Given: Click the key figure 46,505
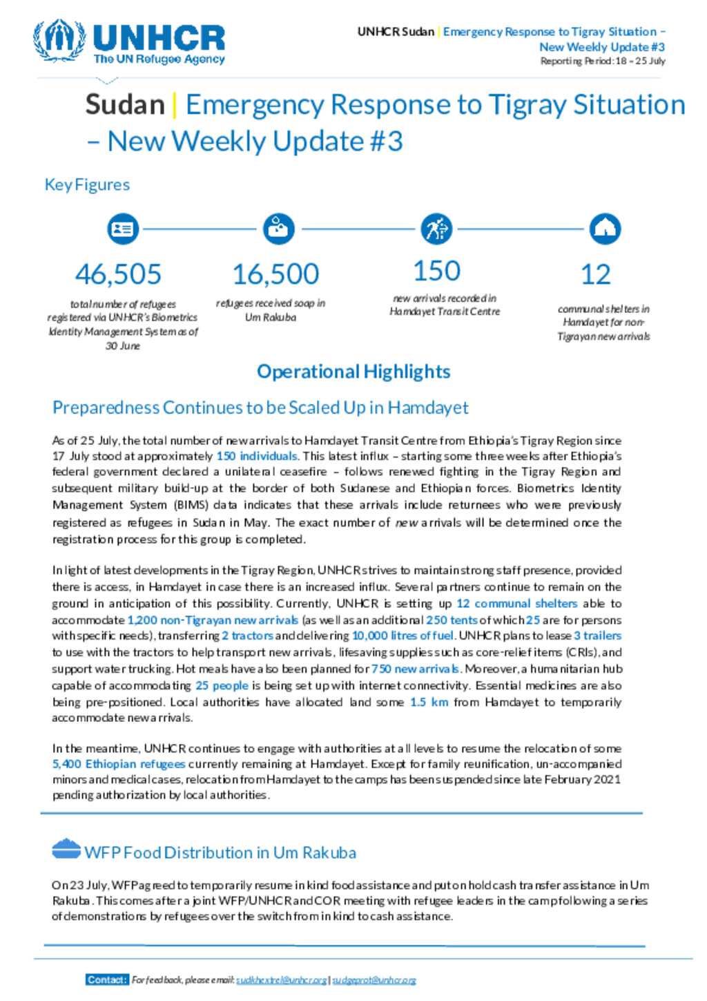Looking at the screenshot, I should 118,274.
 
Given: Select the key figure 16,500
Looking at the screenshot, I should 275,274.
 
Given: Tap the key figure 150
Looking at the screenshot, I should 436,271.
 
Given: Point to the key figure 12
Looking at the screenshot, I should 595,274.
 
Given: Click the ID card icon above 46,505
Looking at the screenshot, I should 123,229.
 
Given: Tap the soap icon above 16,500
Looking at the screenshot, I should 279,229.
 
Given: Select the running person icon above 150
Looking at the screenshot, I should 436,229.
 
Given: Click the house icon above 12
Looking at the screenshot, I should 605,229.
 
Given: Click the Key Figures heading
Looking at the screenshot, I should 87,184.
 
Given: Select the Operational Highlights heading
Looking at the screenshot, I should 353,372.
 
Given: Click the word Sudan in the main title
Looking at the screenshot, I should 125,105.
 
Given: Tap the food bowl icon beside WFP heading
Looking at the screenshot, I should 66,849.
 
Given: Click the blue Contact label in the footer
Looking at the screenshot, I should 107,980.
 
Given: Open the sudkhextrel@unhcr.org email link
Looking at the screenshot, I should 281,980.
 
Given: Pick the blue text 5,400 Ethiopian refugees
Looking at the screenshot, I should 119,764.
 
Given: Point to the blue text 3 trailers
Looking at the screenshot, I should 597,636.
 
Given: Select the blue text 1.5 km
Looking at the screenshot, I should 429,702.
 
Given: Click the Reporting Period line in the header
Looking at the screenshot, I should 602,61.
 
